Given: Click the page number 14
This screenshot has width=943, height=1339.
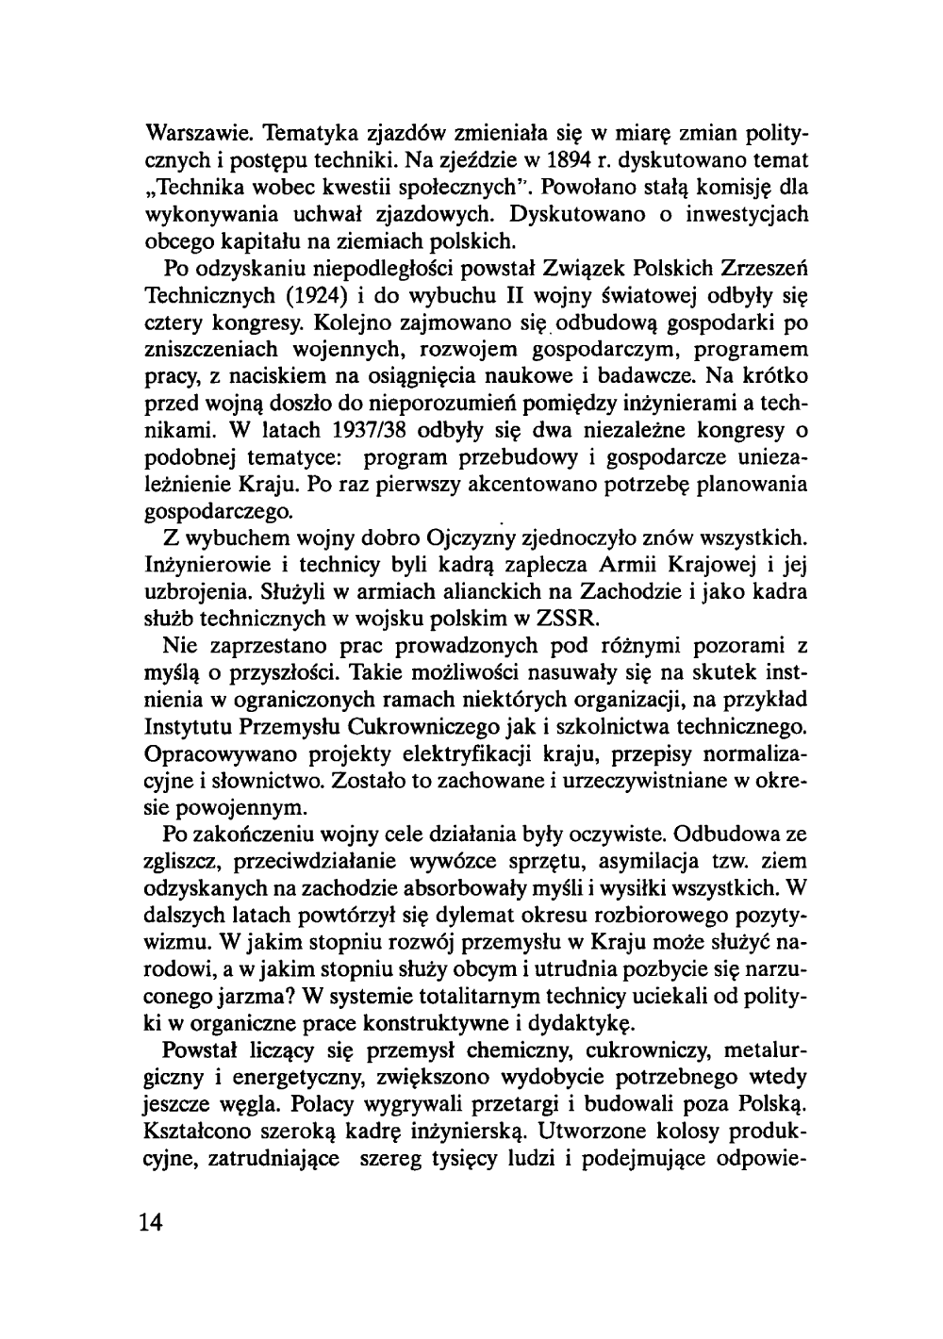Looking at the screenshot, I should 150,1222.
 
